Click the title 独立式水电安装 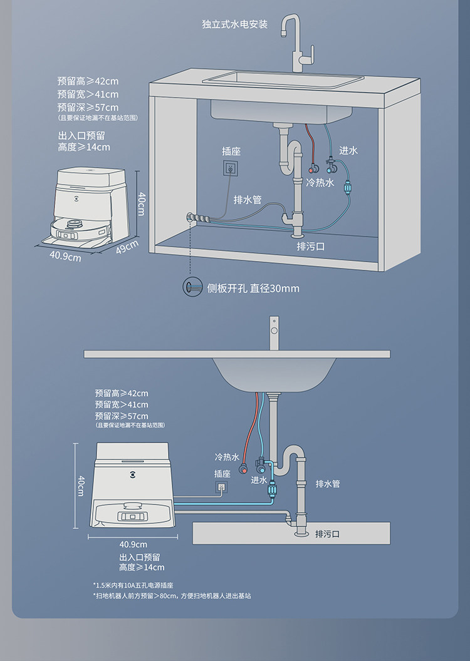click(x=235, y=24)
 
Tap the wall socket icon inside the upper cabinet click(x=231, y=168)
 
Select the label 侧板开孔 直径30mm click(x=253, y=289)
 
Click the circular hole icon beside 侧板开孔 click(x=191, y=287)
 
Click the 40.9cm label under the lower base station click(x=133, y=544)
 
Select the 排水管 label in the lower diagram click(x=327, y=484)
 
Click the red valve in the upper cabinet click(x=313, y=168)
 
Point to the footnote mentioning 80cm click(x=172, y=596)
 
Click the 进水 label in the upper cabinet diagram click(x=348, y=151)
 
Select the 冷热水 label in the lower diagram click(x=227, y=458)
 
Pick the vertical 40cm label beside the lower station click(x=81, y=485)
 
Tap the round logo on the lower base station click(x=132, y=466)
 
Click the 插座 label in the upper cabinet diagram click(x=231, y=151)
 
